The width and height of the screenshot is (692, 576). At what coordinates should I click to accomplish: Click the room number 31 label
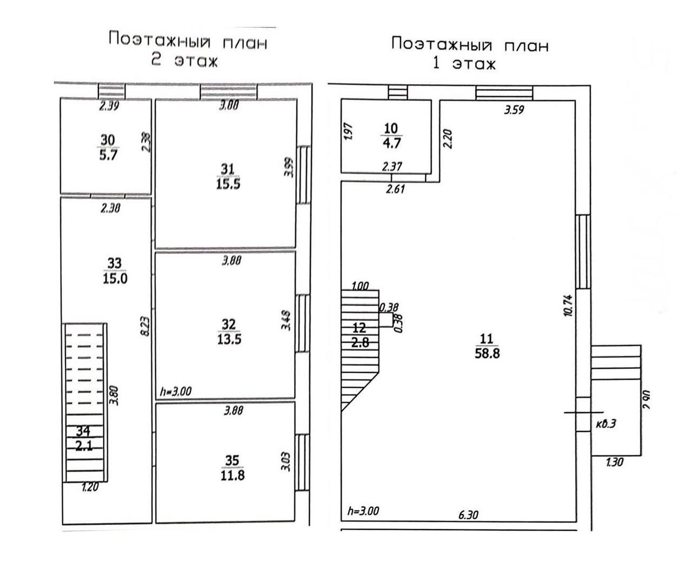tap(228, 169)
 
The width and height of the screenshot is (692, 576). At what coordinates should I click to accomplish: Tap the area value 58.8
tap(487, 354)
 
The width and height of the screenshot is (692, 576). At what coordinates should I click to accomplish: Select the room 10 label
tap(391, 129)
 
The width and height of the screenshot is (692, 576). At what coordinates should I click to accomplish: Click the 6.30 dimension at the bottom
tap(468, 515)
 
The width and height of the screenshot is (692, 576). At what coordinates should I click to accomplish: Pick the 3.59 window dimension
tap(514, 110)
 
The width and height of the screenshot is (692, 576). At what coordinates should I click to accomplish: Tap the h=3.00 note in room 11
tap(363, 511)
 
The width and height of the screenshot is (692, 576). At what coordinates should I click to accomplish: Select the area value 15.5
tap(228, 184)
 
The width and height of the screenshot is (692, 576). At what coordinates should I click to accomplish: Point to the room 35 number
tap(232, 460)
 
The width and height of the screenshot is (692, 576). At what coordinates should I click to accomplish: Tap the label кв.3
tap(606, 423)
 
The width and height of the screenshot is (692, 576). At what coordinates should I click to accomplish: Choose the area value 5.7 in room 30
tap(108, 155)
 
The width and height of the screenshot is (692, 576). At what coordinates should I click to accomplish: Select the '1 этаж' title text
tap(464, 64)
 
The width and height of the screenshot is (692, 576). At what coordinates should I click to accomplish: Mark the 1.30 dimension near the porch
tap(615, 462)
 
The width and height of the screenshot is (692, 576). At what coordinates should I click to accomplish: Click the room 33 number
tap(115, 263)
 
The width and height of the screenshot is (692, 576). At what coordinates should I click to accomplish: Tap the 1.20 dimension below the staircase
tap(90, 487)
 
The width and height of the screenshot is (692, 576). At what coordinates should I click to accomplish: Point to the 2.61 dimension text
tap(396, 189)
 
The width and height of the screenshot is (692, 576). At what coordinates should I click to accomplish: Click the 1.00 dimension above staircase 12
tap(360, 286)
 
